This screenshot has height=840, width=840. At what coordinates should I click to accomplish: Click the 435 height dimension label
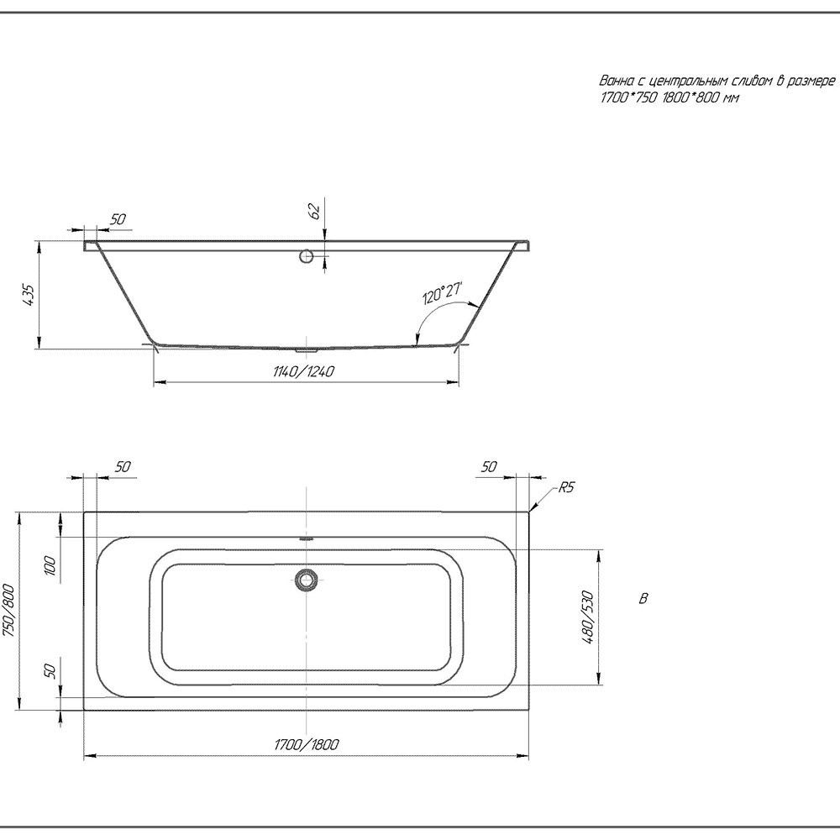pos(29,295)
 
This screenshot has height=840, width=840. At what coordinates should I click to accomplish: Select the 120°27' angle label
pos(442,292)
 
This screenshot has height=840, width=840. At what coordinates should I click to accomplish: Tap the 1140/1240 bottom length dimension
pos(303,371)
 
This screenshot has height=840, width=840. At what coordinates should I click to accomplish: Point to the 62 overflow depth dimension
pos(316,211)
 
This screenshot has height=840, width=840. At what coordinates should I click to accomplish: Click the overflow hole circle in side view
pos(307,256)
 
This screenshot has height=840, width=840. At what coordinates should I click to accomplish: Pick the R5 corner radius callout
pos(566,487)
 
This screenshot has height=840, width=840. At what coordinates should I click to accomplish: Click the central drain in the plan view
pos(306,580)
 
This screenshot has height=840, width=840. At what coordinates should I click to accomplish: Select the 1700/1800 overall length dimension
pos(307,744)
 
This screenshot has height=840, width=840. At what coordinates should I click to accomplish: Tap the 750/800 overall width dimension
pos(9,611)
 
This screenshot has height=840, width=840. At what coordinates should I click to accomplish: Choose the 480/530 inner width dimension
pos(588,617)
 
